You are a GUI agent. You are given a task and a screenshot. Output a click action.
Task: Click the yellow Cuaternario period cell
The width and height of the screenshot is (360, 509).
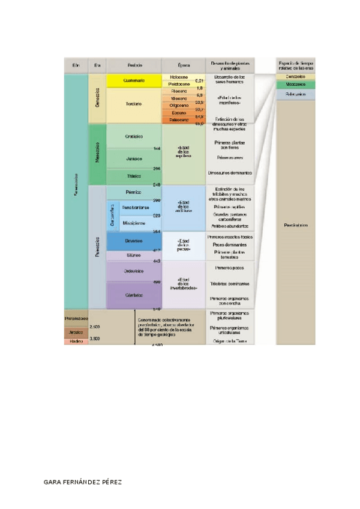coord(134,80)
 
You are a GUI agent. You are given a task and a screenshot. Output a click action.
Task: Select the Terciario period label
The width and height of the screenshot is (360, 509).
coord(134,104)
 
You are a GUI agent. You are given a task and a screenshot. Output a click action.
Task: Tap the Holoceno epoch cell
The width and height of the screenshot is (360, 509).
coord(179,77)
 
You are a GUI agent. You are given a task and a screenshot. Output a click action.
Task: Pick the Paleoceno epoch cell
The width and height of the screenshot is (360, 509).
coord(179,119)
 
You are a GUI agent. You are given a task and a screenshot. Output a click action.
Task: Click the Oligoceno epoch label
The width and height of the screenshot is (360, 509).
coord(179,105)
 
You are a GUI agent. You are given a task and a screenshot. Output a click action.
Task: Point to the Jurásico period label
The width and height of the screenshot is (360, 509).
coord(134,158)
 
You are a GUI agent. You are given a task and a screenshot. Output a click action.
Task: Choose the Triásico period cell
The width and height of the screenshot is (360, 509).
coord(134,176)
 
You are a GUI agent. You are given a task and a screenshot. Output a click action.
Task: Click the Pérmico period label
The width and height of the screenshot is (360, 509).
coord(134,192)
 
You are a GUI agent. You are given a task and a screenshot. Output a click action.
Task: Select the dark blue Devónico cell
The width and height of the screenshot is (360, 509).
coord(134,241)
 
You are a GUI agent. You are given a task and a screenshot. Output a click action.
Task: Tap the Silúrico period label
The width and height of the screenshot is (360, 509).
coord(134,255)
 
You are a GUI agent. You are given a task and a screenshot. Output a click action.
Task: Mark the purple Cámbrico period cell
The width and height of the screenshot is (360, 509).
coord(134,295)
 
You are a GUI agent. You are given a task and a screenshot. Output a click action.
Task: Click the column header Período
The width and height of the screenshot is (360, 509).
coord(134,64)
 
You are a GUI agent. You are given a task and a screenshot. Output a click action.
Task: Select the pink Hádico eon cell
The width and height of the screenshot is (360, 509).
coord(76,341)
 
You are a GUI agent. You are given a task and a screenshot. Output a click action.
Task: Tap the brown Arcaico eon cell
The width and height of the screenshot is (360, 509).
coord(76,332)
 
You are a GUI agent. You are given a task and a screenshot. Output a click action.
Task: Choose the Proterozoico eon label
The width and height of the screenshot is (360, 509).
coord(76,318)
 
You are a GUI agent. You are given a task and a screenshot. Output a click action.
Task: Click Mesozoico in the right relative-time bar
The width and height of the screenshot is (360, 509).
coord(295,85)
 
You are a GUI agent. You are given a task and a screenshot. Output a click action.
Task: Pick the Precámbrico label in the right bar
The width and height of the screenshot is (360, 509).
coord(295,225)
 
